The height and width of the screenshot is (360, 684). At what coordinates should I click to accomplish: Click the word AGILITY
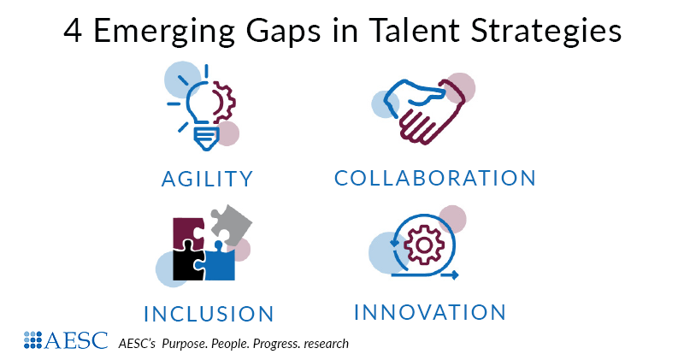pyautogui.click(x=208, y=179)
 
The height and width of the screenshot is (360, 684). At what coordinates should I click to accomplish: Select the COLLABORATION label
pyautogui.click(x=435, y=178)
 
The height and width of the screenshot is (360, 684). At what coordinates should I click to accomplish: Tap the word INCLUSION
pyautogui.click(x=209, y=313)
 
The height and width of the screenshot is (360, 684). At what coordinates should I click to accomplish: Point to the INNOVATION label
pyautogui.click(x=430, y=311)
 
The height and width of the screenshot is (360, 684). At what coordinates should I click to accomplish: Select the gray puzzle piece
pyautogui.click(x=231, y=224)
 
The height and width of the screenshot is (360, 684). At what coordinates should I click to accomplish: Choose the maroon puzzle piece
pyautogui.click(x=191, y=232)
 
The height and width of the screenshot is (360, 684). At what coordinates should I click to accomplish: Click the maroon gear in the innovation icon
pyautogui.click(x=422, y=243)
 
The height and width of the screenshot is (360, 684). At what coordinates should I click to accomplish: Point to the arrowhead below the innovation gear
pyautogui.click(x=454, y=275)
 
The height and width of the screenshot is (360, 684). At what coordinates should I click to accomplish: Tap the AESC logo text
pyautogui.click(x=80, y=340)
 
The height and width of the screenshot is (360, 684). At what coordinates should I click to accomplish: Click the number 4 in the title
pyautogui.click(x=73, y=32)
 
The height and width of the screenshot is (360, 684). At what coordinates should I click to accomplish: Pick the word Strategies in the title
pyautogui.click(x=551, y=32)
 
